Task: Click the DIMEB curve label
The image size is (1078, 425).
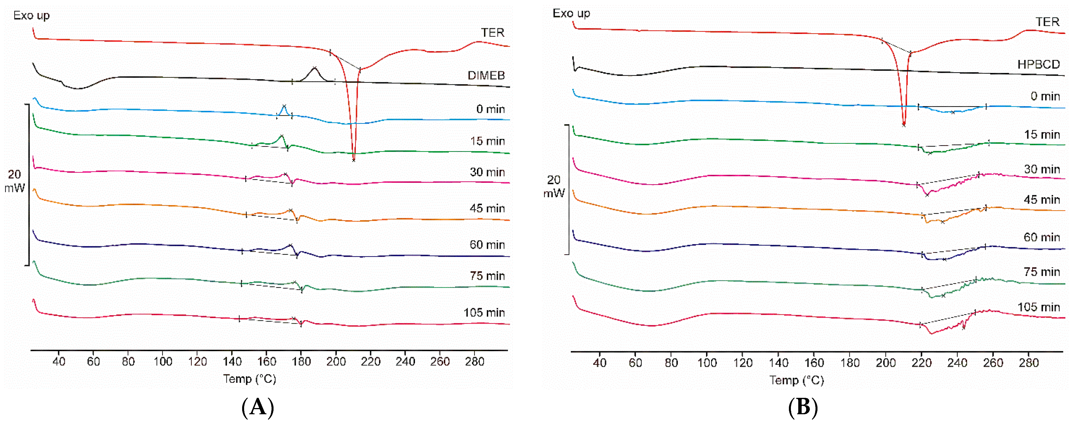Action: tap(486, 75)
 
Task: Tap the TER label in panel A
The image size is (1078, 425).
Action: tap(492, 33)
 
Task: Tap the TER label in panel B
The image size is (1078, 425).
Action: tap(1047, 22)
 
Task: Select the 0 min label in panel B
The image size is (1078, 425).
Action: tap(1045, 96)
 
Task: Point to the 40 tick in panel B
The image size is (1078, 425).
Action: tap(599, 363)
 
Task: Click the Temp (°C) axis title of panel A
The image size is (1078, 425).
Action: tap(249, 379)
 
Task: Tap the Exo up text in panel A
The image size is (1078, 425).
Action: tap(31, 16)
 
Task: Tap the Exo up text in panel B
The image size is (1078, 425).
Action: tap(571, 13)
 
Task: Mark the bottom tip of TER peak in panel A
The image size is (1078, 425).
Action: tap(354, 160)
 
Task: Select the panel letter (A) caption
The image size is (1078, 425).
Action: tap(258, 407)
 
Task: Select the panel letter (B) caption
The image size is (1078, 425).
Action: tap(803, 407)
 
